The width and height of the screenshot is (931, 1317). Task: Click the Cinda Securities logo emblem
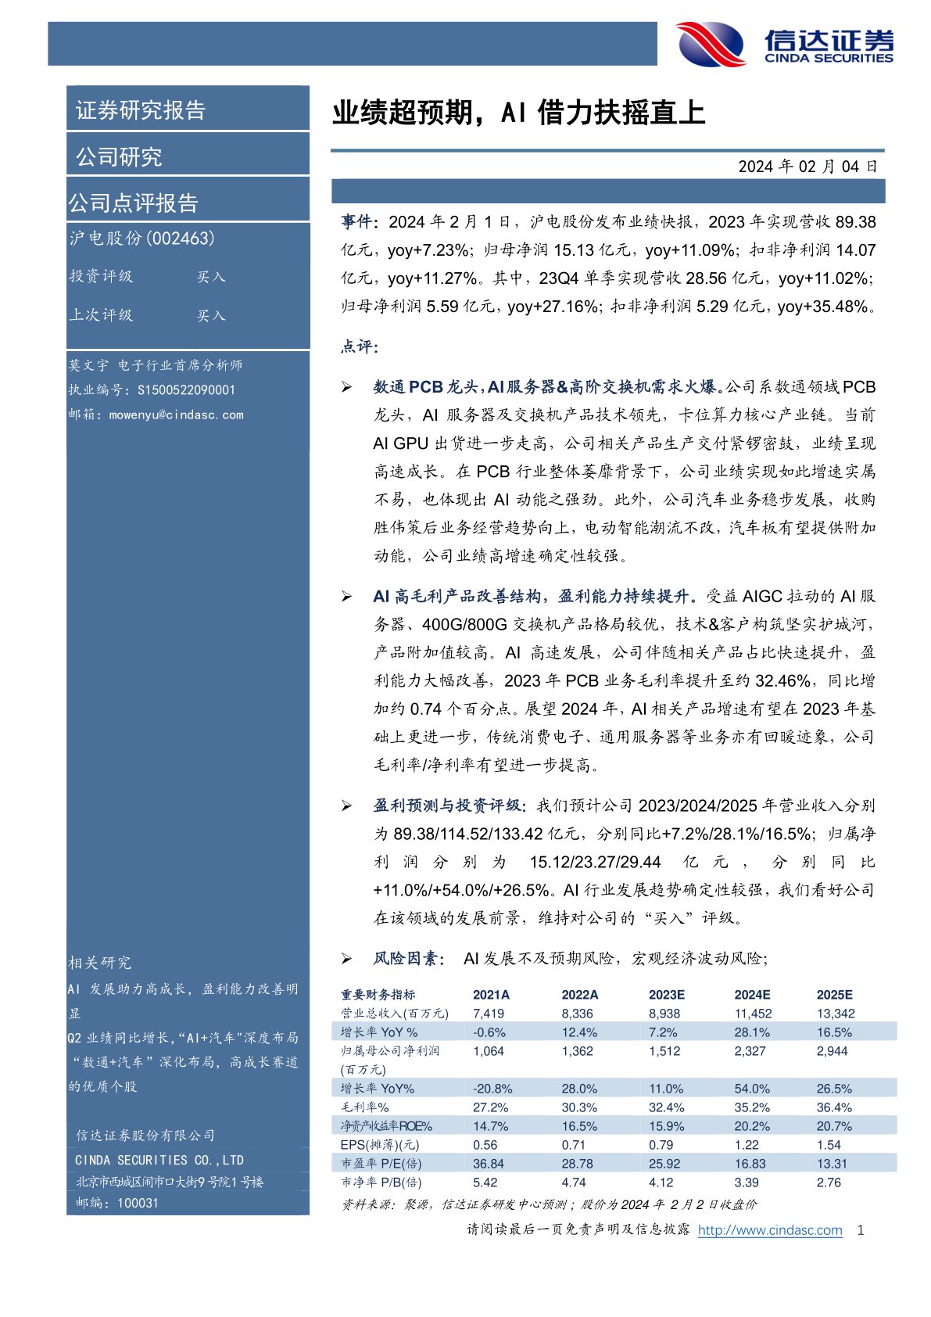711,44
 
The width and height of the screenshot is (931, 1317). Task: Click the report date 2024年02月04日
807,167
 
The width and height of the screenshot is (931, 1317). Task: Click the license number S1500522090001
186,390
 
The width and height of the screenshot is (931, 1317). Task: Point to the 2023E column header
666,995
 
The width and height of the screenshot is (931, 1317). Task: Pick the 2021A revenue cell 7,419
489,1014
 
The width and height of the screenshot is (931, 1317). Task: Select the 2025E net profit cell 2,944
832,1051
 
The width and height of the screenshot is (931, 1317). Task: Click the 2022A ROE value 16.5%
579,1126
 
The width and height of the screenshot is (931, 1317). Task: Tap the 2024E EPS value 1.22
747,1145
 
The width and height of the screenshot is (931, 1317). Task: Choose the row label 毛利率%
364,1107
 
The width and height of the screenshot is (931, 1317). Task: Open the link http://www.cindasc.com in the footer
769,1230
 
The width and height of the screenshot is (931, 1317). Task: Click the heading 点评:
360,346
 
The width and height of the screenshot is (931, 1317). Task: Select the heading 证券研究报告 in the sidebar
141,110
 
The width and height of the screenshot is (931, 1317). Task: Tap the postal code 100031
138,1203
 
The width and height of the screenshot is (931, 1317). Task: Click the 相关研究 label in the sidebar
100,963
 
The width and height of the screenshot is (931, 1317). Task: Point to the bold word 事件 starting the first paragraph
357,222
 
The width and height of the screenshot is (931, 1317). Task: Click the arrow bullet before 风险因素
346,959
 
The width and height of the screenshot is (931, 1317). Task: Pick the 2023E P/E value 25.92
664,1164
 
